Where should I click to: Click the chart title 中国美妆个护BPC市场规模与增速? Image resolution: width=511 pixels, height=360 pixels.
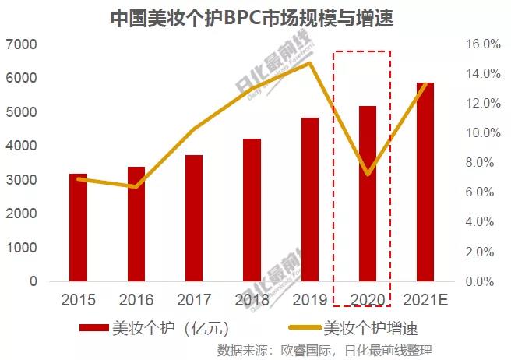click(x=255, y=17)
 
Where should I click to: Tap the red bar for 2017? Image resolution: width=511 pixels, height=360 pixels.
click(x=194, y=218)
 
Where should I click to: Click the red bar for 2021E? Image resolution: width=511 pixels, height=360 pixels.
click(x=425, y=182)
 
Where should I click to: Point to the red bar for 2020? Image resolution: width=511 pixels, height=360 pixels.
click(x=368, y=194)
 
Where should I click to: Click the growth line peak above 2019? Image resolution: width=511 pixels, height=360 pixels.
click(x=310, y=63)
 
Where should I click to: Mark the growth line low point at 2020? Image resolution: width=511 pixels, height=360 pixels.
click(x=368, y=174)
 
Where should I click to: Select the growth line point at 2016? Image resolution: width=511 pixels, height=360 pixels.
click(x=136, y=186)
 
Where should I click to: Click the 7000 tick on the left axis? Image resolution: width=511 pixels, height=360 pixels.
click(x=23, y=44)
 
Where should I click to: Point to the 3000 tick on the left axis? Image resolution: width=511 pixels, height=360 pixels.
click(x=23, y=180)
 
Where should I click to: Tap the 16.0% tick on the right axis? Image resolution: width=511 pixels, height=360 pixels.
click(x=484, y=44)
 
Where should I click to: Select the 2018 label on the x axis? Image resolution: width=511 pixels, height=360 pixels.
click(x=252, y=300)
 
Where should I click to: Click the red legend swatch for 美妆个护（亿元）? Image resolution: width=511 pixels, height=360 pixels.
click(x=94, y=328)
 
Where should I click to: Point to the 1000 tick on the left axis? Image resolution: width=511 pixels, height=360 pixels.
click(x=23, y=248)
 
